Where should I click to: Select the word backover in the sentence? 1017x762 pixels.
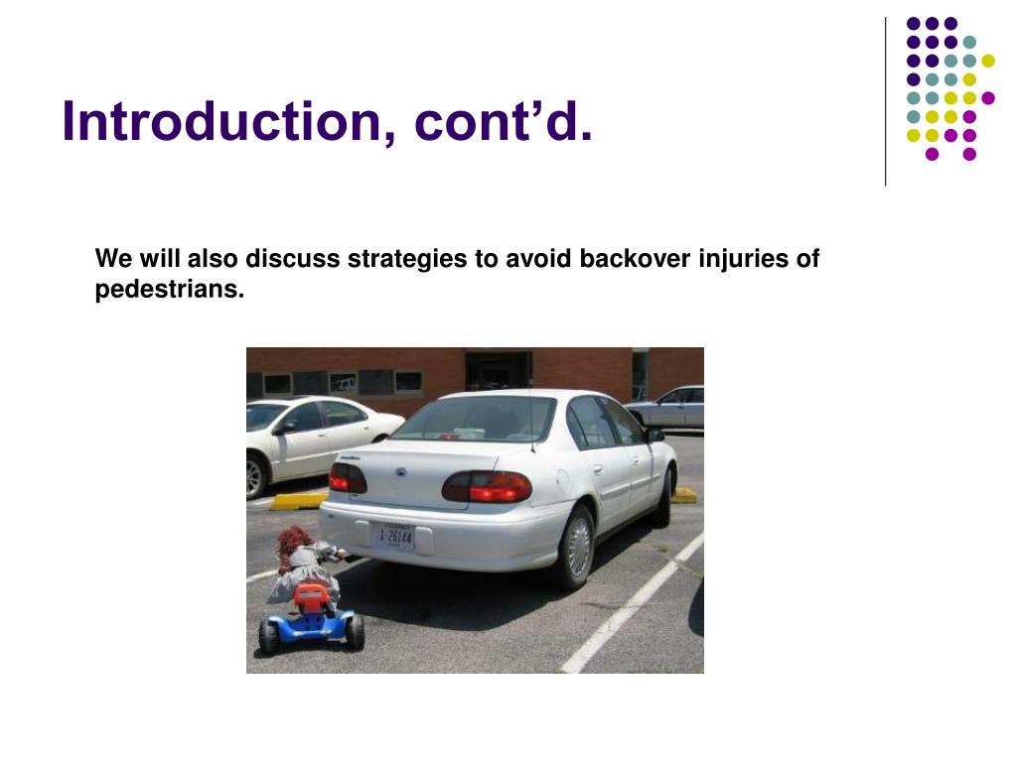tap(635, 258)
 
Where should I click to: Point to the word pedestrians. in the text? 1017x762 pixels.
tap(169, 289)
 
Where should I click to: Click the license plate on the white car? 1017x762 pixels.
tap(395, 537)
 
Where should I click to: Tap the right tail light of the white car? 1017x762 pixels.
tap(487, 486)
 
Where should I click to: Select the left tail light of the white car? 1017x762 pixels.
tap(348, 478)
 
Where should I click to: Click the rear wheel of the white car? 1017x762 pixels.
tap(577, 547)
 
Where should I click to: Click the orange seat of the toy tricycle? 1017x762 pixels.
tap(311, 596)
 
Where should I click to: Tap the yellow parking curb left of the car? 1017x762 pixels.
tap(298, 500)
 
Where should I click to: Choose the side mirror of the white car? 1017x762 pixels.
tap(654, 435)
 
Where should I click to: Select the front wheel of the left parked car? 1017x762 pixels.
tap(256, 476)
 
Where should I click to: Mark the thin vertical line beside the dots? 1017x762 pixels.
tap(885, 102)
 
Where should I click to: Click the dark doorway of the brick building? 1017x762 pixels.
tap(499, 371)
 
